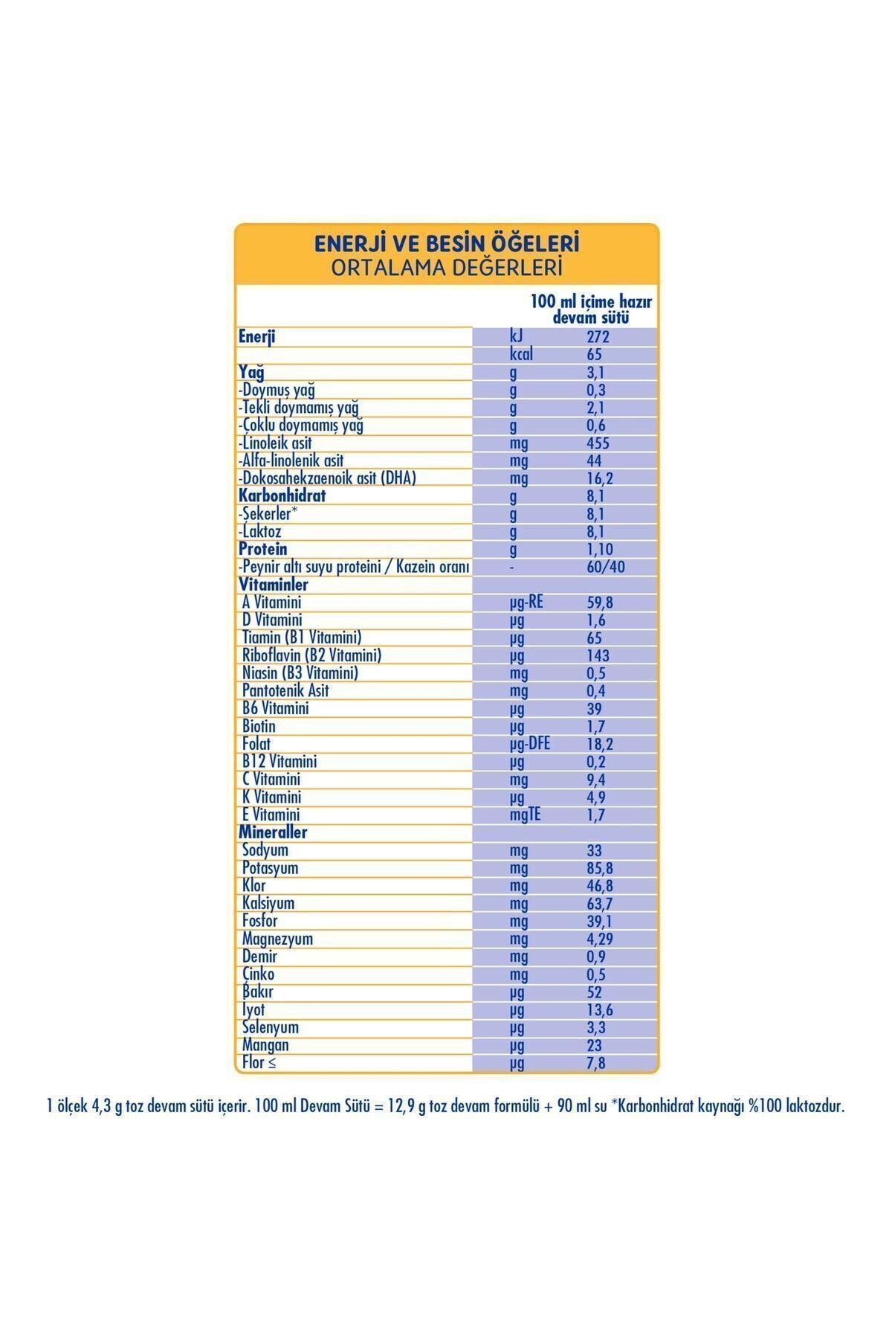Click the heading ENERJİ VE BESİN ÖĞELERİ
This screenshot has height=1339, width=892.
pos(447,243)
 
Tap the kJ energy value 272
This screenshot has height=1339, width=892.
pos(598,337)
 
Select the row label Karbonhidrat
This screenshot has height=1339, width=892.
pos(282,495)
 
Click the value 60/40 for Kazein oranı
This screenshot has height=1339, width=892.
pos(605,567)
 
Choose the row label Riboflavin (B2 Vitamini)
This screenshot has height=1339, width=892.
pos(311,655)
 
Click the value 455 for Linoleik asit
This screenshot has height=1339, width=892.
pos(597,443)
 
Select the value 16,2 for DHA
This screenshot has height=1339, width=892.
pos(599,478)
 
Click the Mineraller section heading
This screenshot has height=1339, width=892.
pos(273,832)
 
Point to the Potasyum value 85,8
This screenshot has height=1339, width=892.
pos(600,868)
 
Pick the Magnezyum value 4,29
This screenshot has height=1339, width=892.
pos(600,939)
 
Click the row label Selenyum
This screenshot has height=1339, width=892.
pos(270,1027)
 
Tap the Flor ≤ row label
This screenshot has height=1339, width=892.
pos(259,1063)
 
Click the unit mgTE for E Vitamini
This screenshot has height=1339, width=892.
pos(525,815)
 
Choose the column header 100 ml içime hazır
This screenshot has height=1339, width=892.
pos(591,303)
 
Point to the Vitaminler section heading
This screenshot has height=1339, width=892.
pos(273,585)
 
